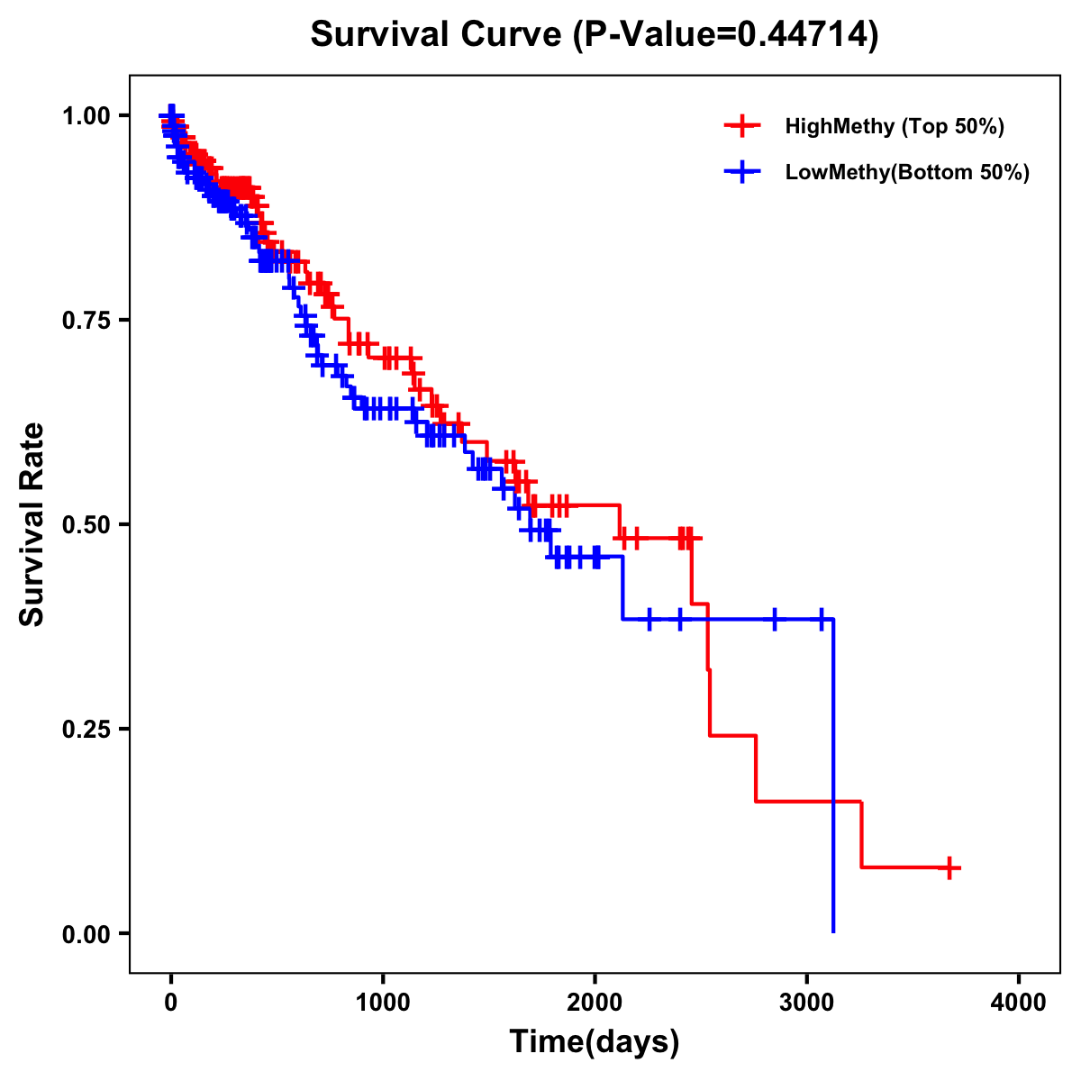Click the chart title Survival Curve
(436, 35)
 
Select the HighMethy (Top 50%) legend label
(894, 126)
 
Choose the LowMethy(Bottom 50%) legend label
(906, 172)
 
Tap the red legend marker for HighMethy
(741, 126)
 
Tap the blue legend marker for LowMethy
(741, 172)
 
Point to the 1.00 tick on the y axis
(86, 116)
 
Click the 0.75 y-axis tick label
(86, 321)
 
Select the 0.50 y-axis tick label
(86, 524)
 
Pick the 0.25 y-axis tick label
(86, 729)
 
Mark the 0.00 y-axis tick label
(86, 933)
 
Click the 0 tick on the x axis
(171, 1002)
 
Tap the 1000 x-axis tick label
(383, 1002)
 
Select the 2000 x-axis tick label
(595, 1002)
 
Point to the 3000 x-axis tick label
(807, 1002)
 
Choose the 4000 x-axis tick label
(1019, 1002)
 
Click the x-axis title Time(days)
(595, 1042)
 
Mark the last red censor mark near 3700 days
(949, 868)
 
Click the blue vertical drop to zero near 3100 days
(833, 775)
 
